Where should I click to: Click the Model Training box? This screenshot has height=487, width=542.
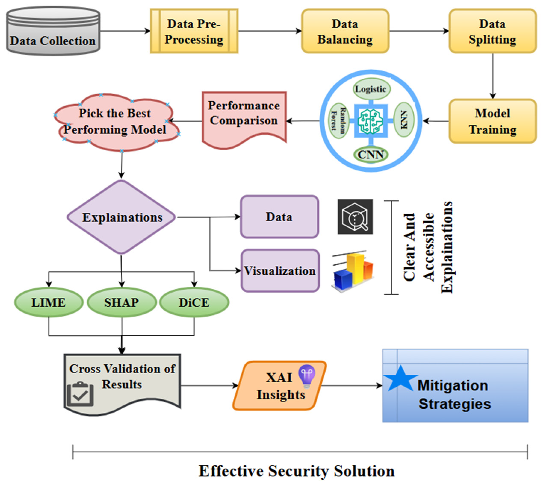click(492, 121)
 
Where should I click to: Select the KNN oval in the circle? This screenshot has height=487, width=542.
click(404, 120)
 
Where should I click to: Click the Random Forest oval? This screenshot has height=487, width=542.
click(338, 120)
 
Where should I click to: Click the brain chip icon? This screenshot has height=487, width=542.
click(371, 121)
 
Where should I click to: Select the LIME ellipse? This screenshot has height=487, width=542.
click(49, 302)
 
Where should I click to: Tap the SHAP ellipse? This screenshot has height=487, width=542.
click(122, 302)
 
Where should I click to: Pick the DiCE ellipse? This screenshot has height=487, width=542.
click(194, 302)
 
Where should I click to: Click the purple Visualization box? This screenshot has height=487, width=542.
click(280, 271)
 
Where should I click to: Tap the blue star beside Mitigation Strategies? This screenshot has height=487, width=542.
click(400, 378)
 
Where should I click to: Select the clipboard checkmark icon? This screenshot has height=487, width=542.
click(80, 394)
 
